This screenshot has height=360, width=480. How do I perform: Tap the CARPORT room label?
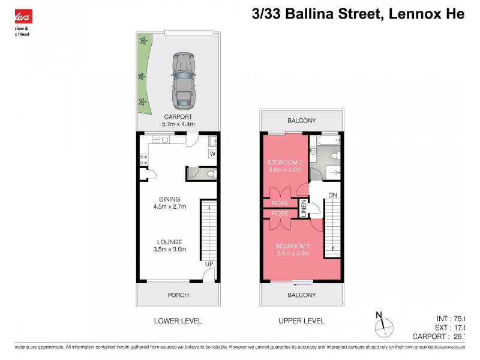pos(178,116)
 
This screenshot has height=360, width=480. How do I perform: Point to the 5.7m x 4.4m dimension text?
pos(178,124)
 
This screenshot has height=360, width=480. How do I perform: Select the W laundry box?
pos(212,154)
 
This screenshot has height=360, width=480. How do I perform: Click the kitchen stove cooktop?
pos(143,160)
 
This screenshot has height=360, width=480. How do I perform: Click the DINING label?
pos(170,200)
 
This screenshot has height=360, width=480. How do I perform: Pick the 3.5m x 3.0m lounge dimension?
pos(170,250)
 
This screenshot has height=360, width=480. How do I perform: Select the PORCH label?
pos(178,295)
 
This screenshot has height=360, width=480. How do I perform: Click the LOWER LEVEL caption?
pos(178,321)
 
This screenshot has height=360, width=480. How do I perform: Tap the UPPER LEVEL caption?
pos(301,321)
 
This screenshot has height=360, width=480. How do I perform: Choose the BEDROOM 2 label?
pos(286,162)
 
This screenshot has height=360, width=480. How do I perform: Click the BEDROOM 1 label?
pos(292,246)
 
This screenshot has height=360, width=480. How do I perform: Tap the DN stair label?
pos(332,194)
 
